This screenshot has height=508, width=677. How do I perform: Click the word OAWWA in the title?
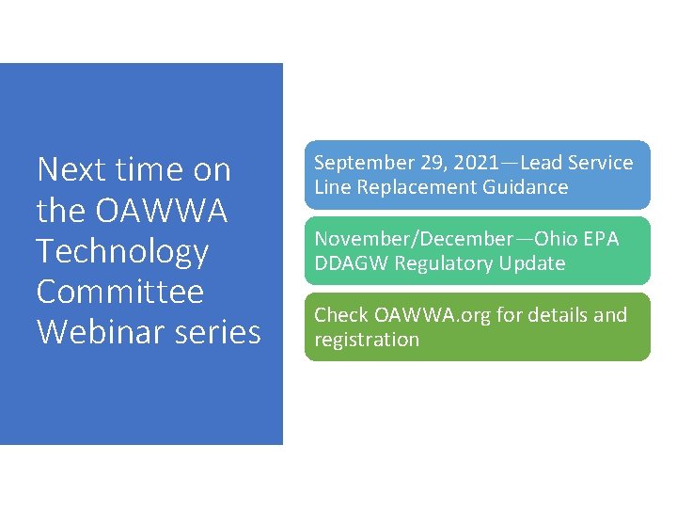pos(162,211)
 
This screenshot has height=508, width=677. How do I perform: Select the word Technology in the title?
pos(122,251)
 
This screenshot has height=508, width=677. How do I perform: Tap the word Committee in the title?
pos(119,292)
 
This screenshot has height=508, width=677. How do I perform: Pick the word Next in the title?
pos(71,170)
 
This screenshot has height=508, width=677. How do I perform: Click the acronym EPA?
pos(601,239)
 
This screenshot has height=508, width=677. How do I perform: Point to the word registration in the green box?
pos(367,340)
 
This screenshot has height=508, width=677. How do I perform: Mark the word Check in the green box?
pos(340,315)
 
